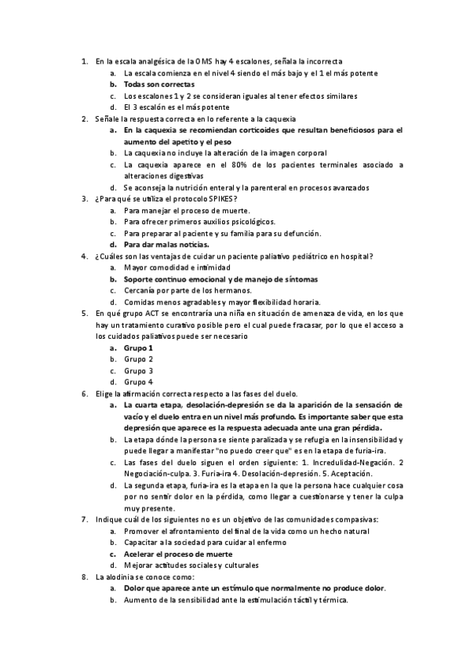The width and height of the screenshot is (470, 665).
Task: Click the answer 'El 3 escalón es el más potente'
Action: [177, 107]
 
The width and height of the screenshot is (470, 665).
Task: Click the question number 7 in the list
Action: [84, 519]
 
